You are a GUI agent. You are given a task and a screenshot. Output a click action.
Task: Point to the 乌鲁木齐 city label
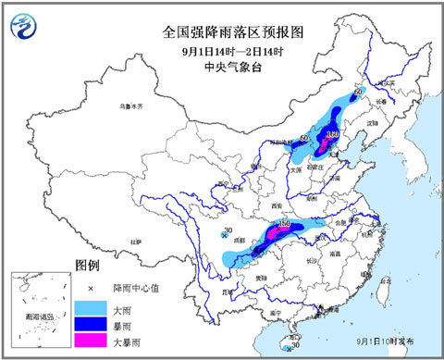point(132,107)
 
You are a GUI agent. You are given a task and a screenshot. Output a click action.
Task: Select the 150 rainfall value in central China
point(285,225)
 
